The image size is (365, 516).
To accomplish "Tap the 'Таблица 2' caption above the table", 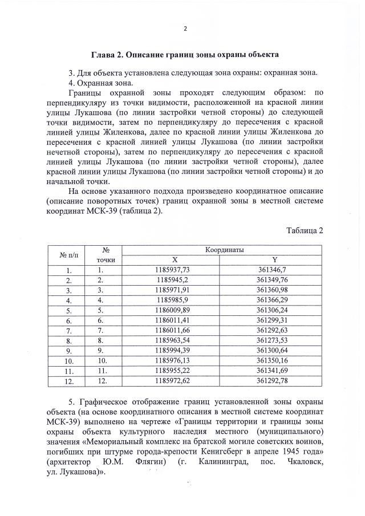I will (x=305, y=230).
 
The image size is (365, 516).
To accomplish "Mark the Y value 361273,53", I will (x=276, y=340).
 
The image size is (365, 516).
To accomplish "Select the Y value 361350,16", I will (x=276, y=360).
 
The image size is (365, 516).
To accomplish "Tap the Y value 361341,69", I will (x=276, y=370).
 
